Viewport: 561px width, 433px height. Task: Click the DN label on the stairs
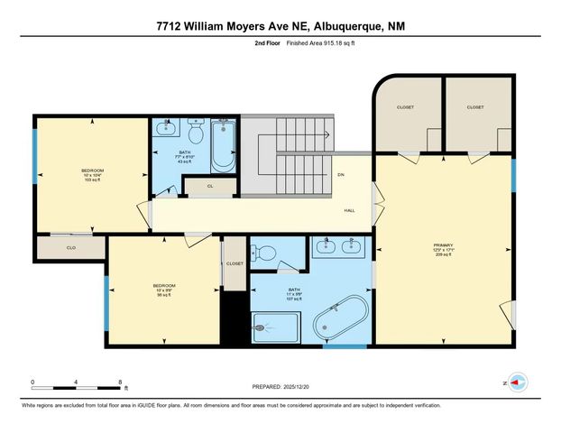341,174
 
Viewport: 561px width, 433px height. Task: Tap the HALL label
349,210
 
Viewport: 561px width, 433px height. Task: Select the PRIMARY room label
442,245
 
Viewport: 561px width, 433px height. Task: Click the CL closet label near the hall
209,187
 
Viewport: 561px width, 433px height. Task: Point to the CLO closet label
70,246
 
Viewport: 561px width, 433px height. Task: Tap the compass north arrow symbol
516,382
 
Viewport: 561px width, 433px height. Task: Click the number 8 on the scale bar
120,382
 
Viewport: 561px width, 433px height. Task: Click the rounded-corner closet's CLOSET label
405,107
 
